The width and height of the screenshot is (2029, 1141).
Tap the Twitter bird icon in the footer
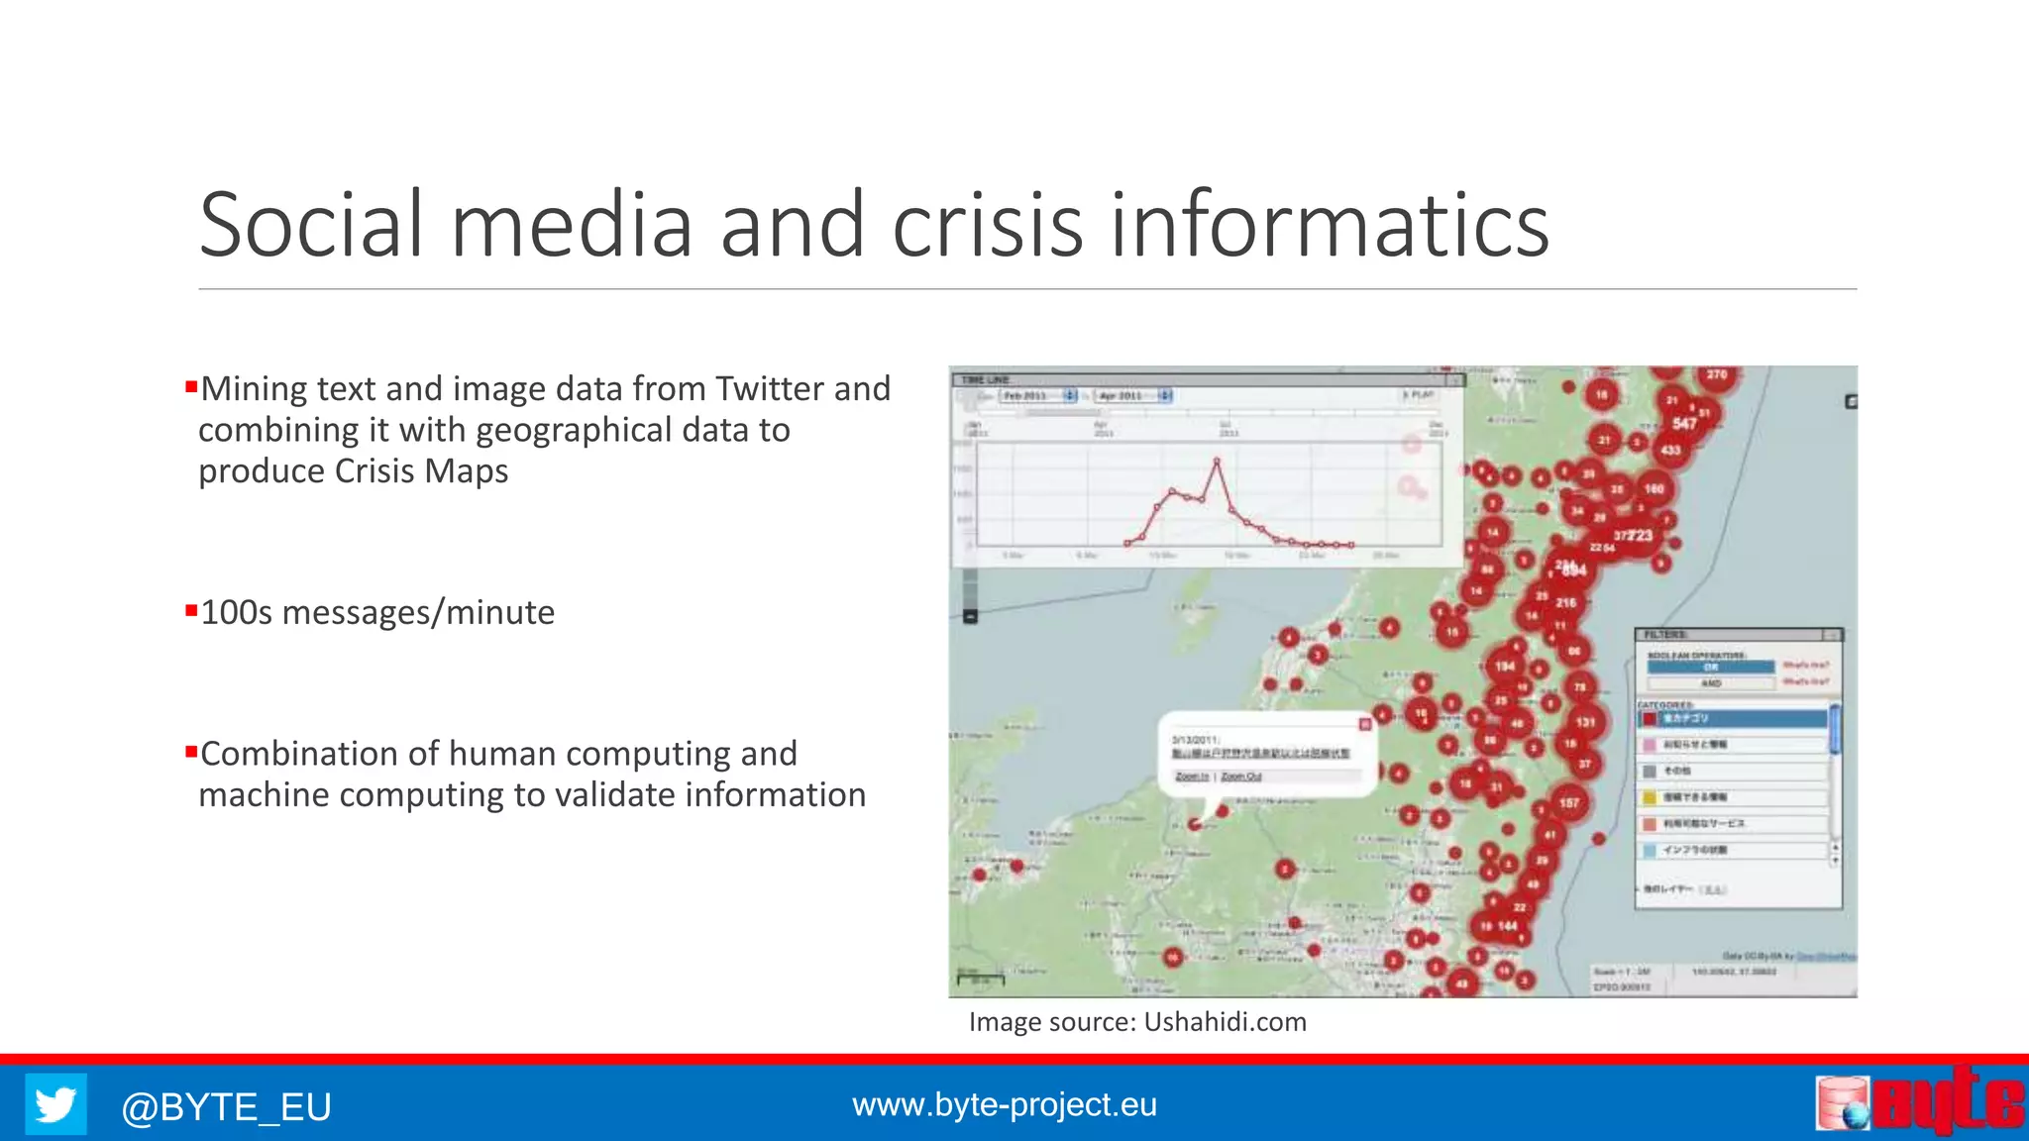55,1104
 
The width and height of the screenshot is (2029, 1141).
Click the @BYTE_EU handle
226,1106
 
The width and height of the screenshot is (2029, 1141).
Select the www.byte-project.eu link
1004,1104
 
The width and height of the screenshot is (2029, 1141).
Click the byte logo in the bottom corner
1920,1101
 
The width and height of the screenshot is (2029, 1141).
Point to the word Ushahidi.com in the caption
1225,1022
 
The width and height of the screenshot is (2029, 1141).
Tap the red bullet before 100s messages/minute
191,610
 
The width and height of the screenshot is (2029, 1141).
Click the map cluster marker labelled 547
1684,424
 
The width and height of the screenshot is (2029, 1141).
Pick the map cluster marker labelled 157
1568,803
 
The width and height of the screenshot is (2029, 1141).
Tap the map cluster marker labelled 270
1717,375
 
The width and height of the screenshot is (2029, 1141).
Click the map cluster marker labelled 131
1585,722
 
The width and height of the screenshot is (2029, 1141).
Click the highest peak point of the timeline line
1217,461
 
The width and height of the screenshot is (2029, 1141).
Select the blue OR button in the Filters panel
1710,668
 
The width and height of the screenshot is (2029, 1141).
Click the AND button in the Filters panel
1710,683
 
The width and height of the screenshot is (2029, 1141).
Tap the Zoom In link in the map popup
1192,777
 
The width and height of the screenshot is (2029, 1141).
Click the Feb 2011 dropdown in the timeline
1036,396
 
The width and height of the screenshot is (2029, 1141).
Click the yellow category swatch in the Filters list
1650,797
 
